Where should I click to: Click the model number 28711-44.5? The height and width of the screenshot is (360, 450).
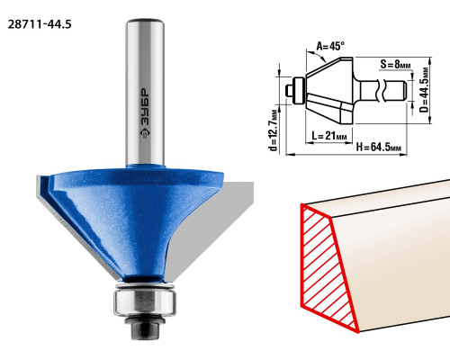pyautogui.click(x=40, y=24)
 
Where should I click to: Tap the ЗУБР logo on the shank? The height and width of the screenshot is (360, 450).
pyautogui.click(x=145, y=113)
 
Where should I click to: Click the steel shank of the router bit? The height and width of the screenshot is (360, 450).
pyautogui.click(x=145, y=93)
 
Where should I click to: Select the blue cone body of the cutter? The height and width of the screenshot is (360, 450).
pyautogui.click(x=137, y=219)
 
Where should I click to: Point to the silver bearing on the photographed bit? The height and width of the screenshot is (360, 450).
pyautogui.click(x=145, y=301)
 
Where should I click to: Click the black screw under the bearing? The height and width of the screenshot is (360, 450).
pyautogui.click(x=145, y=328)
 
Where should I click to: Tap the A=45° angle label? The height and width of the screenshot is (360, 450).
pyautogui.click(x=330, y=47)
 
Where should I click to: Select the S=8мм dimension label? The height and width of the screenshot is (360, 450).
pyautogui.click(x=396, y=65)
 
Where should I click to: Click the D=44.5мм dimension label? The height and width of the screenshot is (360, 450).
pyautogui.click(x=424, y=90)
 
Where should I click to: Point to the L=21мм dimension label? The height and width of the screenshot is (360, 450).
pyautogui.click(x=329, y=136)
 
